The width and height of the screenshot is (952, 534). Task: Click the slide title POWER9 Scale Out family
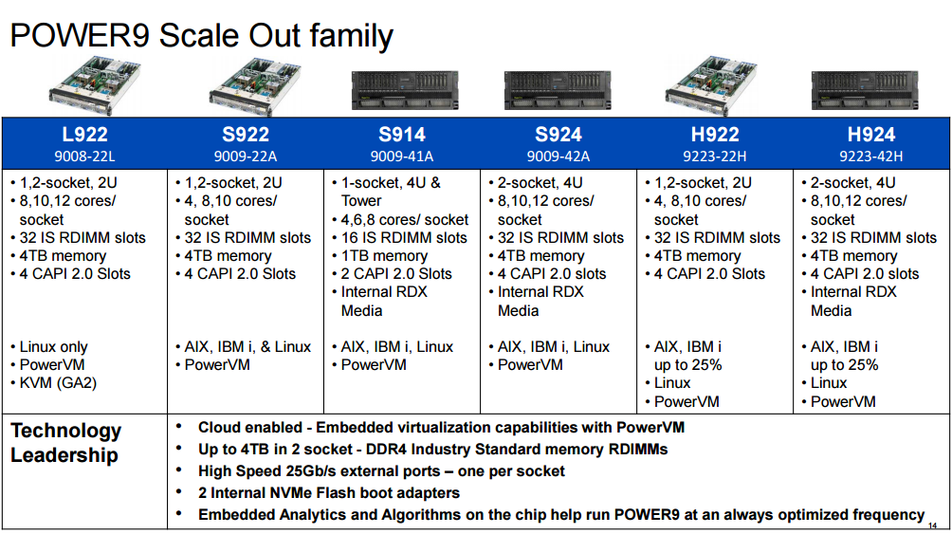pos(201,35)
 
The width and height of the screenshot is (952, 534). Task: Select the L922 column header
pos(84,135)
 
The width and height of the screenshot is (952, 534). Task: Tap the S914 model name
pos(402,135)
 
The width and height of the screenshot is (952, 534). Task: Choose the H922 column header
pos(715,135)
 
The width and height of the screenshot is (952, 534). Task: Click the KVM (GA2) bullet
pos(58,383)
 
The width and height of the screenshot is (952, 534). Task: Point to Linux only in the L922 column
pos(53,347)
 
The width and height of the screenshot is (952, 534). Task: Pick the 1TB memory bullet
pos(384,256)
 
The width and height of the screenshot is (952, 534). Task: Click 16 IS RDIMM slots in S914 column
pos(404,238)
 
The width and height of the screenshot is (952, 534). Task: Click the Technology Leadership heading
pos(65,443)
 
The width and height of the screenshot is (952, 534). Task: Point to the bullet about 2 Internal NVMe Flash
pos(328,492)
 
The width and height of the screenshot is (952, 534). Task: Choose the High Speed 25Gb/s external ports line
pos(380,470)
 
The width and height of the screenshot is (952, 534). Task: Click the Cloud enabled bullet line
pos(440,427)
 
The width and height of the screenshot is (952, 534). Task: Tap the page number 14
pos(933,525)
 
